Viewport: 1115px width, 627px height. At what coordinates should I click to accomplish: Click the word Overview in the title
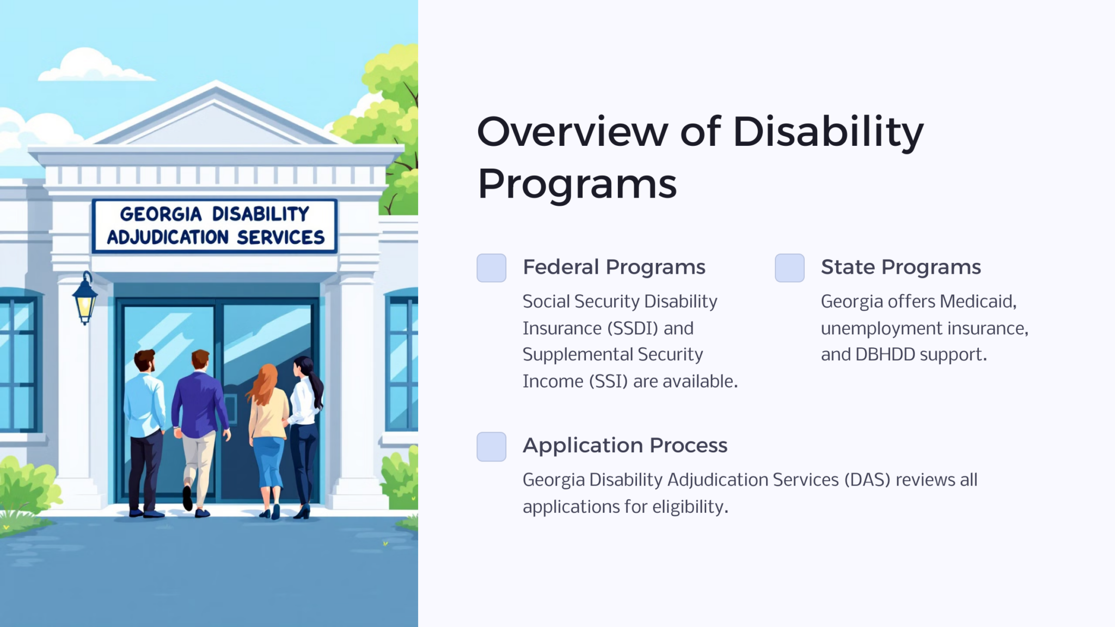coord(572,132)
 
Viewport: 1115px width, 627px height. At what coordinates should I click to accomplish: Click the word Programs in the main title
coord(577,184)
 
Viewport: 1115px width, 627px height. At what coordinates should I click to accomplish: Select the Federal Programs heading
coord(614,267)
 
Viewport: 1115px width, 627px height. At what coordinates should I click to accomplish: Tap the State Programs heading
coord(900,267)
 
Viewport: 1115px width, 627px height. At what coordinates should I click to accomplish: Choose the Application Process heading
coord(624,446)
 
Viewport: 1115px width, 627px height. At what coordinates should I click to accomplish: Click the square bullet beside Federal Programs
coord(491,268)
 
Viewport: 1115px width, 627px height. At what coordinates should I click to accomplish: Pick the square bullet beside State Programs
coord(789,268)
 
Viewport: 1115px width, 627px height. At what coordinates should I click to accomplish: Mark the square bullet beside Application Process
coord(491,446)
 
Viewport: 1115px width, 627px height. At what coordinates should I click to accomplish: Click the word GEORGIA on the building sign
coord(161,214)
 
